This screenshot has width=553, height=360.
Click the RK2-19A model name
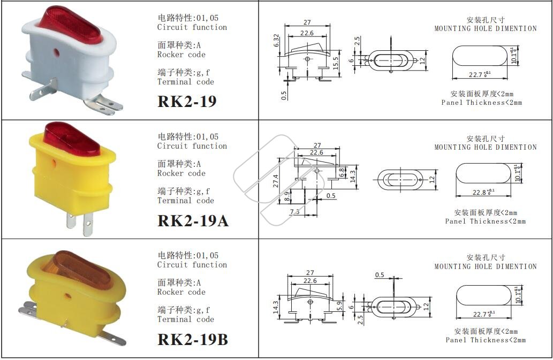pos(193,221)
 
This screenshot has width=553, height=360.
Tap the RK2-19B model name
pos(193,340)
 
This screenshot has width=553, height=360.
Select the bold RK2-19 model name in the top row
pos(187,102)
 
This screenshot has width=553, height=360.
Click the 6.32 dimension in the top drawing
pos(276,41)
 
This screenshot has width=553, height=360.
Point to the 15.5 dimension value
pos(336,63)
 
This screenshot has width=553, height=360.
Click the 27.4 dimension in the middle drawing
pos(276,181)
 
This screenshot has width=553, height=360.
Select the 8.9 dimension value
pos(288,196)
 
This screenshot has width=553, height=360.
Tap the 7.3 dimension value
pos(294,211)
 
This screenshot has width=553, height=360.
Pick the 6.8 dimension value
pos(342,172)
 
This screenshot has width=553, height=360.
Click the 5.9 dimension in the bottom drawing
pos(339,305)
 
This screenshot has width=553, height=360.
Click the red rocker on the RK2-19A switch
pos(72,139)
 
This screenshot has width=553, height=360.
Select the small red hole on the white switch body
pos(56,53)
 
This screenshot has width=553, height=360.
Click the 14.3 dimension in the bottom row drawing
pos(276,307)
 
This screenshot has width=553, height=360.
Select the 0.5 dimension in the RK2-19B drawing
pos(380,275)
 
